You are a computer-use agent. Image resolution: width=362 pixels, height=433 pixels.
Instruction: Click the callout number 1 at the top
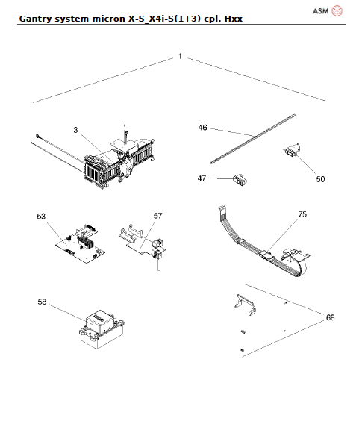[x=180, y=57]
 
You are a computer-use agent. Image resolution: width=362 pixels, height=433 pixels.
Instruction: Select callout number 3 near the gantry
[x=75, y=130]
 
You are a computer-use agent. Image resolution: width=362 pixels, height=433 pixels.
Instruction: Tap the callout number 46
[x=202, y=128]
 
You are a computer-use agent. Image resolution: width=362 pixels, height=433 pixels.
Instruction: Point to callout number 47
[x=202, y=178]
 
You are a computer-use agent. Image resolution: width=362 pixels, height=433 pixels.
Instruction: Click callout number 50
[x=321, y=179]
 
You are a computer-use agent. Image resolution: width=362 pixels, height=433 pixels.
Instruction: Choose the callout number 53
[x=42, y=216]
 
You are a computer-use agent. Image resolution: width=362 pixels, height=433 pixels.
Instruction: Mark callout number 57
[x=157, y=216]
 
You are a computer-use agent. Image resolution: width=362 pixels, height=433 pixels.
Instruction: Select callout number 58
[x=42, y=302]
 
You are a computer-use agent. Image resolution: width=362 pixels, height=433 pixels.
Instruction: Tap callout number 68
[x=330, y=317]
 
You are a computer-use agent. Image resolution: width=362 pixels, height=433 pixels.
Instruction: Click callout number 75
[x=302, y=214]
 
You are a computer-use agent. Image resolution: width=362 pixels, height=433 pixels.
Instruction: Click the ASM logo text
[x=319, y=10]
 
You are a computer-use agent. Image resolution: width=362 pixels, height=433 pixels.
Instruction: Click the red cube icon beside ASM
[x=337, y=10]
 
